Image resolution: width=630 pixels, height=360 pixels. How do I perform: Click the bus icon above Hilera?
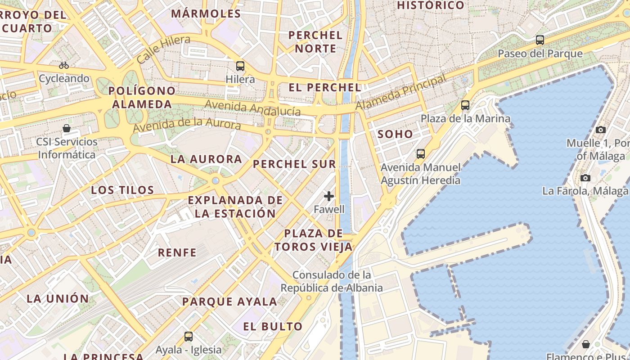[240, 66]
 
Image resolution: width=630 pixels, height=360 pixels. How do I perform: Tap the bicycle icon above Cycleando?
[64, 65]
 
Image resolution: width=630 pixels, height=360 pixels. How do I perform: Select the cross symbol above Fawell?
[329, 196]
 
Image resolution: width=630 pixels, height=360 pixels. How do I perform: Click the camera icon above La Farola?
[585, 178]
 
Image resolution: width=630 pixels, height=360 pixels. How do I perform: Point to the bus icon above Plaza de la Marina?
[465, 105]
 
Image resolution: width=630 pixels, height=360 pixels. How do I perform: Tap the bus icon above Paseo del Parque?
[540, 40]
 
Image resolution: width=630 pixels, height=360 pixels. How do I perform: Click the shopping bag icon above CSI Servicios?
[67, 128]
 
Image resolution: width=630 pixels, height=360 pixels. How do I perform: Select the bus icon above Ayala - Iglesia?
[189, 336]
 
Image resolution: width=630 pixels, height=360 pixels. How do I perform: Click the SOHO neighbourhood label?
[395, 134]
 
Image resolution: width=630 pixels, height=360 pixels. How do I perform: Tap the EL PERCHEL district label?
[325, 87]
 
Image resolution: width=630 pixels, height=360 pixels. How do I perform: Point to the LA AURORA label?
[206, 159]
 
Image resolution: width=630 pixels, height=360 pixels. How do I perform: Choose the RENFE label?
[177, 252]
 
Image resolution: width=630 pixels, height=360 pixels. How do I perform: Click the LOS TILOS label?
[122, 190]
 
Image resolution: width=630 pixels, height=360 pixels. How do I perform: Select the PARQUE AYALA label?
[229, 301]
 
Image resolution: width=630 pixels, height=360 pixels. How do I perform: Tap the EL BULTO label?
[273, 326]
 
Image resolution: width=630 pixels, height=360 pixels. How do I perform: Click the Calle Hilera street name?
[163, 49]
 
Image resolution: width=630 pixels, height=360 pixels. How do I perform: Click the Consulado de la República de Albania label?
[332, 281]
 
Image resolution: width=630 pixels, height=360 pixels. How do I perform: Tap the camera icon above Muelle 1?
[600, 130]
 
